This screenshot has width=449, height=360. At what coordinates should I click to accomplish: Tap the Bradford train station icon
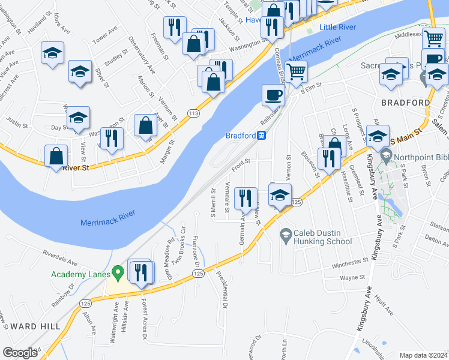pos(262,136)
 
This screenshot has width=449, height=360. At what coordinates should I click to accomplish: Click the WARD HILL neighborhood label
pos(35,326)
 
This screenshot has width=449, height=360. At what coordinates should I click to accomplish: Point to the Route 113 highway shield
pos(193,112)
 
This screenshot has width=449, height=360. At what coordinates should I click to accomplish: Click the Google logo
pos(19,353)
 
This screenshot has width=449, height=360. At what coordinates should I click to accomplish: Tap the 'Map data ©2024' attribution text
pos(424,355)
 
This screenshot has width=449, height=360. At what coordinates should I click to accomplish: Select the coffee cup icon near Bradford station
pos(273,95)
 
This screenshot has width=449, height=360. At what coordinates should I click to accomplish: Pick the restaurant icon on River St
pos(111,138)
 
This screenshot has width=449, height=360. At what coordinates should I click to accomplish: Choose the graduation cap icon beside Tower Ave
pos(53,52)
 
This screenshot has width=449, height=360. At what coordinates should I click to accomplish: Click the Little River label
pos(338,28)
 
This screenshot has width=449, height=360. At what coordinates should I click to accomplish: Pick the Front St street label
pos(240,160)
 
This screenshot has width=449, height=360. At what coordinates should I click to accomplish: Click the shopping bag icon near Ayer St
pos(145,125)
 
